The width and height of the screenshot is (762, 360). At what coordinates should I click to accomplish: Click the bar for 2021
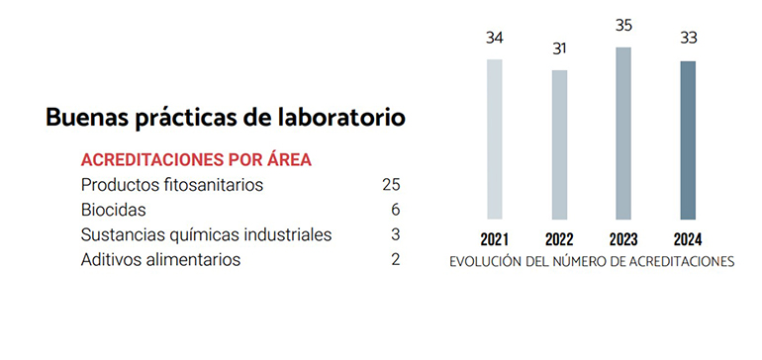point(494,138)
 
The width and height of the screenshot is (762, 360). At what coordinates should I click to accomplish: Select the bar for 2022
point(559,144)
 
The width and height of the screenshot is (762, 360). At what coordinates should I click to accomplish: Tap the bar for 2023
point(623,133)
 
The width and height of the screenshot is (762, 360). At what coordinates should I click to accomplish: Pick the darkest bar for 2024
point(688,139)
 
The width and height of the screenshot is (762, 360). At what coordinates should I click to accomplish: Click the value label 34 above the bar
point(494,39)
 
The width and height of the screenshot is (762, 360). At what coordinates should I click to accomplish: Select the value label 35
point(623,26)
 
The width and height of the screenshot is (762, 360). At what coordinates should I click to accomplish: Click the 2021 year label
point(494,239)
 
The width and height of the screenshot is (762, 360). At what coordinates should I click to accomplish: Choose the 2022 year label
point(559,239)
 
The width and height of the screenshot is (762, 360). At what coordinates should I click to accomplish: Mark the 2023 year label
point(623,239)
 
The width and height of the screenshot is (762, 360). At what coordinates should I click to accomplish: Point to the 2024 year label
point(688,239)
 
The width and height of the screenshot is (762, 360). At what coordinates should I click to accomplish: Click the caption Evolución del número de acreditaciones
point(592,263)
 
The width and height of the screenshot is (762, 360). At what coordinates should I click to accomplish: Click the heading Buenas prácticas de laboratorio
point(226,117)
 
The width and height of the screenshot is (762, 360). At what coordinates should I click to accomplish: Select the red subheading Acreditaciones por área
point(197,159)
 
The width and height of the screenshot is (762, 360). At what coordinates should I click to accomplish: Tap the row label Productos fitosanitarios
point(172,185)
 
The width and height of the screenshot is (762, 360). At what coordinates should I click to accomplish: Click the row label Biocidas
point(114,210)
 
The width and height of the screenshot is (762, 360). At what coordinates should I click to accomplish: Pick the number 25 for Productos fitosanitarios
point(390,185)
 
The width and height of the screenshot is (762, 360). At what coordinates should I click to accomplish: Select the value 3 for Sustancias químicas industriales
point(395,234)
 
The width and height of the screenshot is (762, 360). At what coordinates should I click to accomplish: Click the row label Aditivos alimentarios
point(160,260)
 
